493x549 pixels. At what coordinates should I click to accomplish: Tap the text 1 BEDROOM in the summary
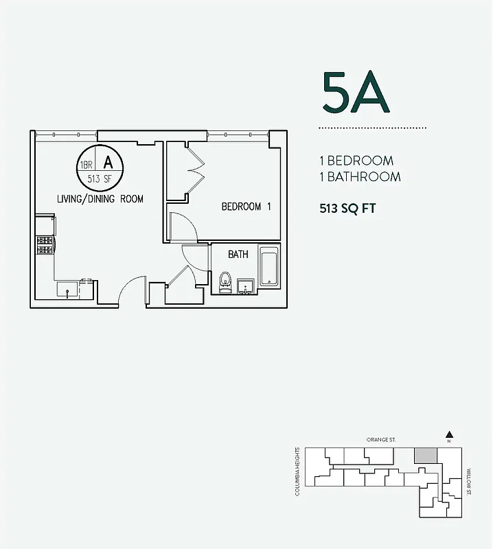click(356, 161)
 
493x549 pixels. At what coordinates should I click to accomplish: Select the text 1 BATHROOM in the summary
click(360, 176)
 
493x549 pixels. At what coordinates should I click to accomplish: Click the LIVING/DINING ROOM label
click(100, 199)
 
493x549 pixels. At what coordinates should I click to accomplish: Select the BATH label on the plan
click(238, 255)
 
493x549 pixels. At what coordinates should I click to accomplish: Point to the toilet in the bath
click(225, 282)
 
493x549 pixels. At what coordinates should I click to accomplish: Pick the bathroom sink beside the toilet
click(245, 285)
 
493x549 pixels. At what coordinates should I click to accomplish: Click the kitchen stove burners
click(45, 245)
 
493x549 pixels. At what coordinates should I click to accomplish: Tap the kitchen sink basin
click(68, 288)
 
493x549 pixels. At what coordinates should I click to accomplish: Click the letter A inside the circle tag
click(108, 163)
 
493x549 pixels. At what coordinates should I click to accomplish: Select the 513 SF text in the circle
click(100, 179)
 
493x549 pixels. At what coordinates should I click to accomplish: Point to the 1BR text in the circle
click(87, 165)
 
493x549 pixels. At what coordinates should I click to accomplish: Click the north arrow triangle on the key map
click(448, 434)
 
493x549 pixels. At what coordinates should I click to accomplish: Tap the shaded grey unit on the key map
click(426, 454)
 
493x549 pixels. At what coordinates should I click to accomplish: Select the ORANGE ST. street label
click(381, 439)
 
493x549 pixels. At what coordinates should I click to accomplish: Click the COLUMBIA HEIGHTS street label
click(298, 471)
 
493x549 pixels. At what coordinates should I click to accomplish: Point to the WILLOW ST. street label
click(469, 482)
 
